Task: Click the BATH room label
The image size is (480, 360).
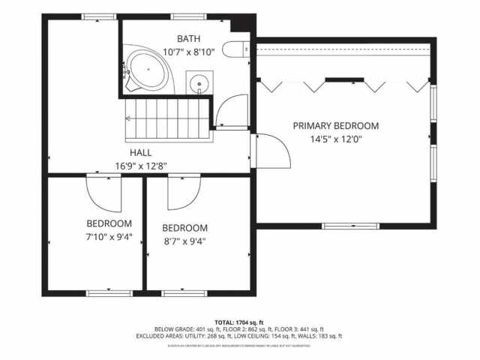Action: pos(189,38)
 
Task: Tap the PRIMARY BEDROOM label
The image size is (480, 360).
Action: pos(335,126)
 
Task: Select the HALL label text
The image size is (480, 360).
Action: pos(140,152)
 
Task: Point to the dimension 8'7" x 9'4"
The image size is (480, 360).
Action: pos(184,241)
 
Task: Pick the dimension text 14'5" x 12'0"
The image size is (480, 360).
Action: pos(335,139)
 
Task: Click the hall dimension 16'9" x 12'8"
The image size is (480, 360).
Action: pos(140,166)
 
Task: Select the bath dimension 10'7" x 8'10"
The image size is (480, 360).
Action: pos(189,52)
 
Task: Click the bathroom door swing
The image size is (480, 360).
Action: pos(230,111)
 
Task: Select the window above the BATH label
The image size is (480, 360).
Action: pos(189,16)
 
